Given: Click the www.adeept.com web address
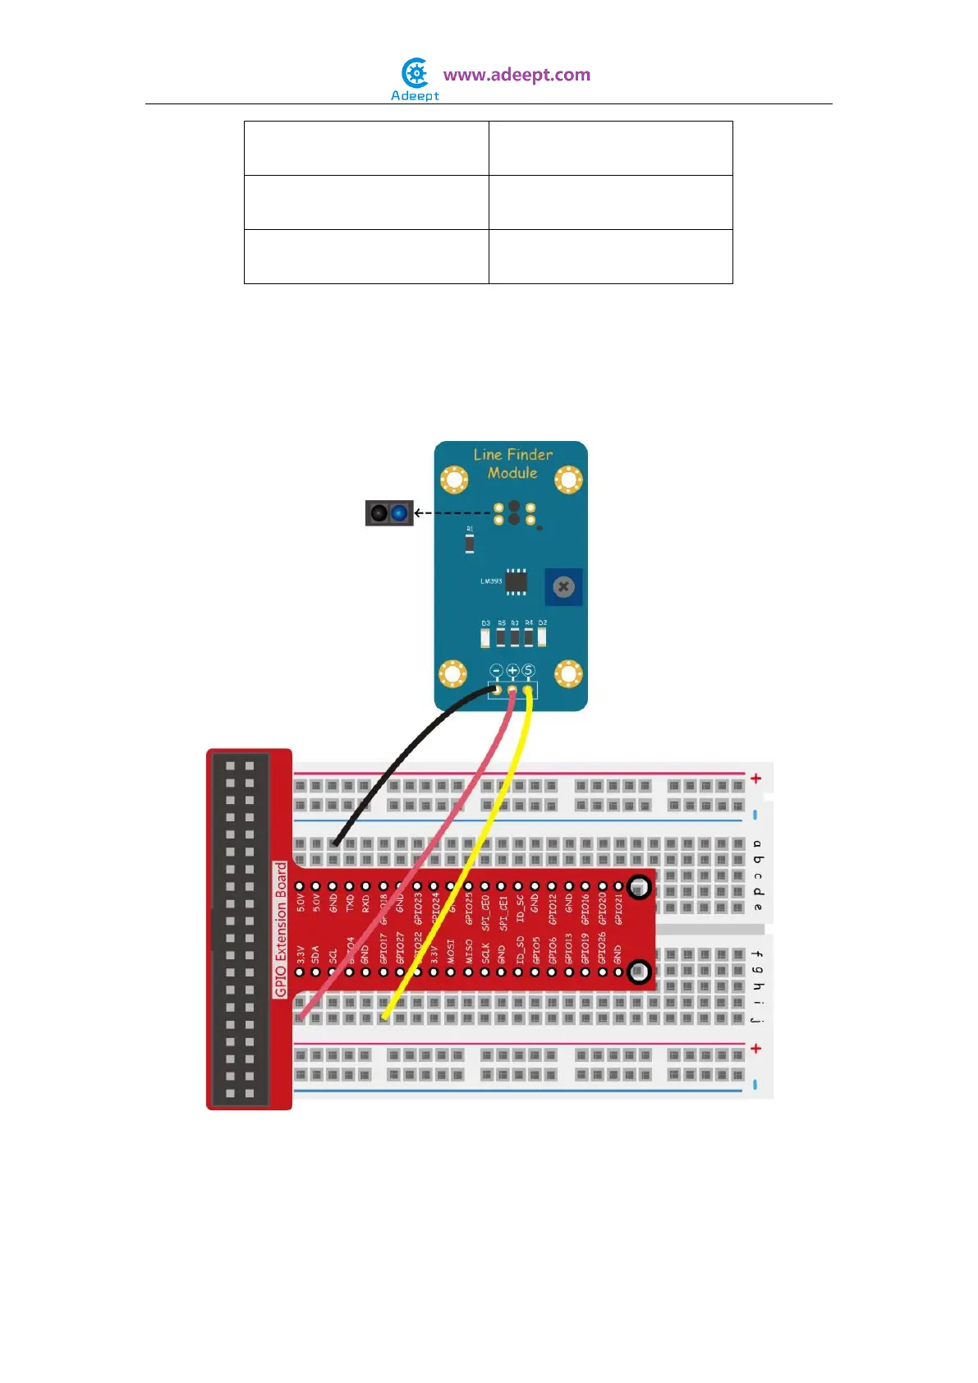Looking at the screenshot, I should pyautogui.click(x=517, y=75).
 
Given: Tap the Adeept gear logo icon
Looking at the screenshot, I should pyautogui.click(x=416, y=74).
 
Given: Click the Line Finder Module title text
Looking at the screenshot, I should pyautogui.click(x=512, y=463).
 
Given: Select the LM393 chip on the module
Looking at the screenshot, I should pyautogui.click(x=516, y=581).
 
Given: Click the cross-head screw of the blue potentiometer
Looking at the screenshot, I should pyautogui.click(x=563, y=586).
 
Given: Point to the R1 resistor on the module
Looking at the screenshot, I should pyautogui.click(x=470, y=542).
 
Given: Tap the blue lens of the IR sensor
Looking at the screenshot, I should pyautogui.click(x=399, y=513).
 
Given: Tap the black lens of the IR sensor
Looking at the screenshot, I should pyautogui.click(x=379, y=513).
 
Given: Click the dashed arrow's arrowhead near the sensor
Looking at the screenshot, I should pyautogui.click(x=418, y=513).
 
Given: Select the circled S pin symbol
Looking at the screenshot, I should pyautogui.click(x=528, y=671).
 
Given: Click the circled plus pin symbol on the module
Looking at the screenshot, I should pyautogui.click(x=512, y=671).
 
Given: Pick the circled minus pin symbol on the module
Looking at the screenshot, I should pyautogui.click(x=497, y=671).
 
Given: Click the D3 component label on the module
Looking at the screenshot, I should pyautogui.click(x=485, y=623).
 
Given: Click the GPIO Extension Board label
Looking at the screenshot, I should pyautogui.click(x=281, y=929).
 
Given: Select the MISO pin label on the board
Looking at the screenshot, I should pyautogui.click(x=469, y=952).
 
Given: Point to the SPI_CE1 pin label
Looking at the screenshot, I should pyautogui.click(x=503, y=913).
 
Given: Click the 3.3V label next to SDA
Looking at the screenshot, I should pyautogui.click(x=300, y=954).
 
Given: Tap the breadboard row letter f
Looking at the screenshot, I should pyautogui.click(x=757, y=954).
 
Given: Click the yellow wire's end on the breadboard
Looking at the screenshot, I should pyautogui.click(x=383, y=1017).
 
